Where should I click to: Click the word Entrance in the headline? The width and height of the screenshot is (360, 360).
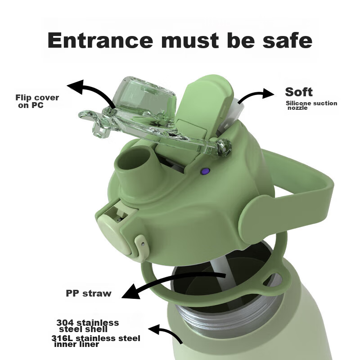pos(100,40)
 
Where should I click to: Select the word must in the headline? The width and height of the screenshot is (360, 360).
pos(190,40)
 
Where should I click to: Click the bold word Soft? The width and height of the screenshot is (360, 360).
pos(299,92)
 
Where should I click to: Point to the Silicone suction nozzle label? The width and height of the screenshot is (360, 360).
pos(311,105)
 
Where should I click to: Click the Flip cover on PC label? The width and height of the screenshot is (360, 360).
pos(37,101)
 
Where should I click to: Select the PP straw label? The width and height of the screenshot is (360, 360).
pos(89,293)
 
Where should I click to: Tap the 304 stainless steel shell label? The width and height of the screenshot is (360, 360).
pos(88,326)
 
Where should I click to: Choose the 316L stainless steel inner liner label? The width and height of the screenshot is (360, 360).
pos(96,341)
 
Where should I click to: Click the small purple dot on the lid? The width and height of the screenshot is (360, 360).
pos(205,171)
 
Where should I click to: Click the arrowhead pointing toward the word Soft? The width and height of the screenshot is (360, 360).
pos(268,93)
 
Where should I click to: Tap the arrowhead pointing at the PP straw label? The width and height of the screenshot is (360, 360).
pos(131,291)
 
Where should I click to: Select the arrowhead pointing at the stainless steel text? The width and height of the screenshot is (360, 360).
pos(154,330)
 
